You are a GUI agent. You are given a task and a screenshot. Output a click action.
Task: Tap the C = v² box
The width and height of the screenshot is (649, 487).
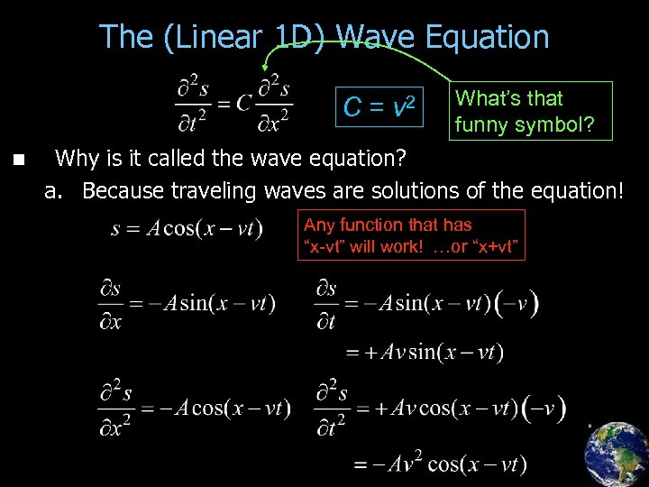[x=379, y=108]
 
